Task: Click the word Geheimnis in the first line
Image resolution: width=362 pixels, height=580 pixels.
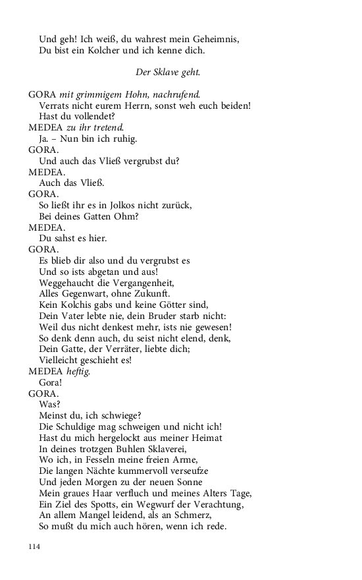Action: [216, 40]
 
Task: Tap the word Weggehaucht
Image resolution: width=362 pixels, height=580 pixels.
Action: [68, 282]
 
